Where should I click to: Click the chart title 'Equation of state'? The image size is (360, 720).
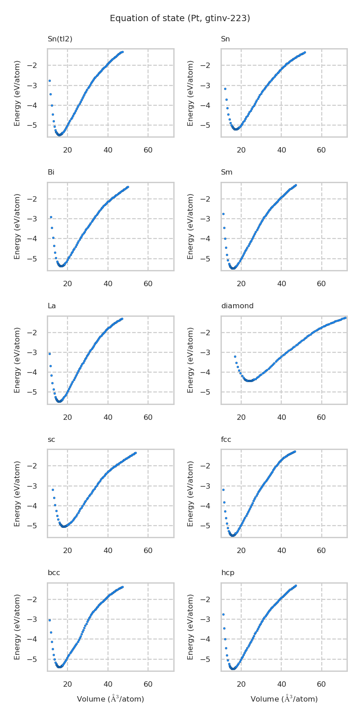(x=180, y=18)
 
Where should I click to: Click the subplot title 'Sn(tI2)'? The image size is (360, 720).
(x=60, y=39)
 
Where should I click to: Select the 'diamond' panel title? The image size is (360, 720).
(x=237, y=306)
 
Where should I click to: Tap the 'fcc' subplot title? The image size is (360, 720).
(x=226, y=440)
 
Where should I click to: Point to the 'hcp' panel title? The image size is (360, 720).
(x=228, y=573)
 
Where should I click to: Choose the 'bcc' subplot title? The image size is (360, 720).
(x=54, y=573)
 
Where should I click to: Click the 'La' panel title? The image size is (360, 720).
(x=52, y=306)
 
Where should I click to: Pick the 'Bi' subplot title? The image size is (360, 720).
(x=51, y=172)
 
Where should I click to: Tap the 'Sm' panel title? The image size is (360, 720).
(x=226, y=172)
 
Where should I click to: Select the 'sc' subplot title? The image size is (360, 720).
(x=51, y=440)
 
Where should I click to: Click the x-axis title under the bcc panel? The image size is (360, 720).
(x=110, y=699)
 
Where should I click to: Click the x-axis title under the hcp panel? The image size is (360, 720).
(x=284, y=699)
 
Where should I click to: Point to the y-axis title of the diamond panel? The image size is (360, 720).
(x=191, y=360)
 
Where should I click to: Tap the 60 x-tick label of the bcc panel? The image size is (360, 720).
(x=148, y=684)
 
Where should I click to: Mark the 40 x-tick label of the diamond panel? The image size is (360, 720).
(x=281, y=418)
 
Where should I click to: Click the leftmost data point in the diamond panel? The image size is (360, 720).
(x=235, y=356)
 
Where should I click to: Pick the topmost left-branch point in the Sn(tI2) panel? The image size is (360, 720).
(x=49, y=81)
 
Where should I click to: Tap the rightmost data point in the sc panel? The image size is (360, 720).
(x=135, y=453)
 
